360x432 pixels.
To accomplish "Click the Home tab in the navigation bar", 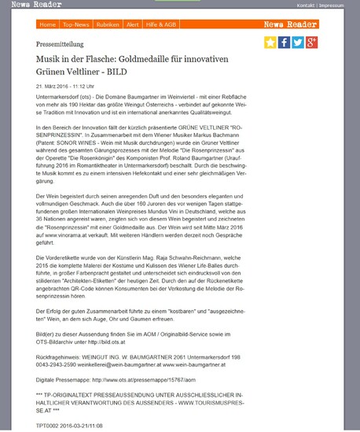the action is [47, 24].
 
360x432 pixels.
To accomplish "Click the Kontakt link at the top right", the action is [307, 5].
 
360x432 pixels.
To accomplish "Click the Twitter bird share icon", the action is [298, 42].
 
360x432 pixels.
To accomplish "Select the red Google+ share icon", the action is [312, 42].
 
